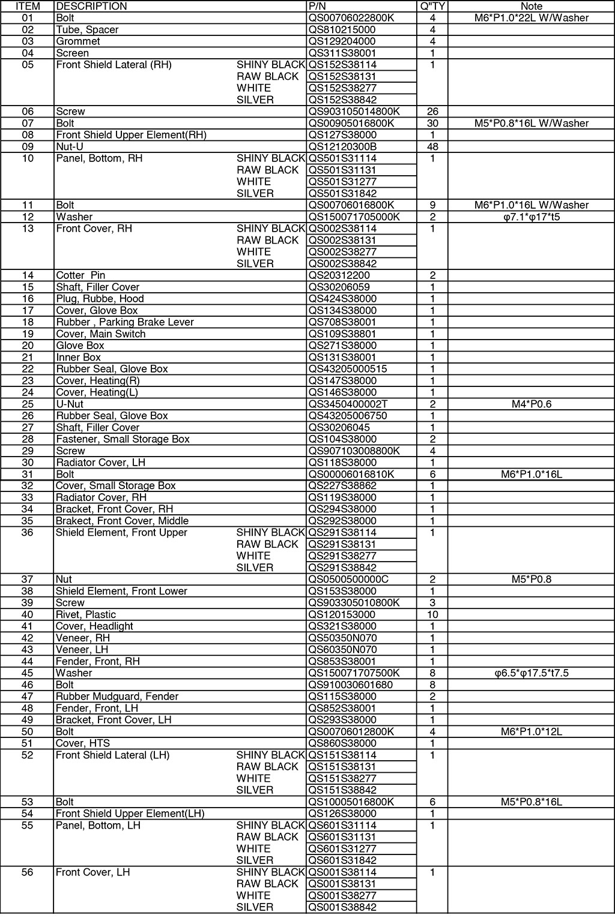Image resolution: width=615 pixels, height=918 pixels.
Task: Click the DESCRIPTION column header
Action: click(91, 6)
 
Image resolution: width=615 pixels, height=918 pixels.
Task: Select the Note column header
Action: click(531, 6)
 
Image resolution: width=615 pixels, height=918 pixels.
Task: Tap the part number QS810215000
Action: click(342, 29)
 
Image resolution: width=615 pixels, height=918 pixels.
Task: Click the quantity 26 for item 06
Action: click(432, 112)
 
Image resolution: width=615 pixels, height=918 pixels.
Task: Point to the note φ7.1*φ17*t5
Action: click(531, 217)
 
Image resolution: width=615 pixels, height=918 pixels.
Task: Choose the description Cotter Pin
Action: click(80, 275)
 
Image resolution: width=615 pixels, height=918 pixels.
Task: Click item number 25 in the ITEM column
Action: click(28, 404)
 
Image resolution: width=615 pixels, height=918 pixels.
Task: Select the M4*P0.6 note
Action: click(531, 404)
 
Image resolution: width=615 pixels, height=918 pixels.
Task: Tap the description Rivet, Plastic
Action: click(85, 614)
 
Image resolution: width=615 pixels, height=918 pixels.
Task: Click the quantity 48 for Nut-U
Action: click(432, 146)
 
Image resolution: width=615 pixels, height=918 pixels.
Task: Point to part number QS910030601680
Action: click(350, 685)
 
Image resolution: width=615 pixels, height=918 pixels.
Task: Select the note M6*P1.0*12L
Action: click(531, 731)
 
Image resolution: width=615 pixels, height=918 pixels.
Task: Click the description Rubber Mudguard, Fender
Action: click(117, 697)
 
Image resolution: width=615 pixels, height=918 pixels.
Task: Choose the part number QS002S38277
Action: click(342, 252)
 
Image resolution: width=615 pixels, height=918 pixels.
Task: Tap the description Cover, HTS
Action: click(82, 743)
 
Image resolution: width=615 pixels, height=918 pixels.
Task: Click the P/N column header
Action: click(317, 6)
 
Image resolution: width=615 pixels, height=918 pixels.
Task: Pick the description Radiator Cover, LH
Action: click(100, 463)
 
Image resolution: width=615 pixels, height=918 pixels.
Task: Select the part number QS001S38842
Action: click(342, 907)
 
